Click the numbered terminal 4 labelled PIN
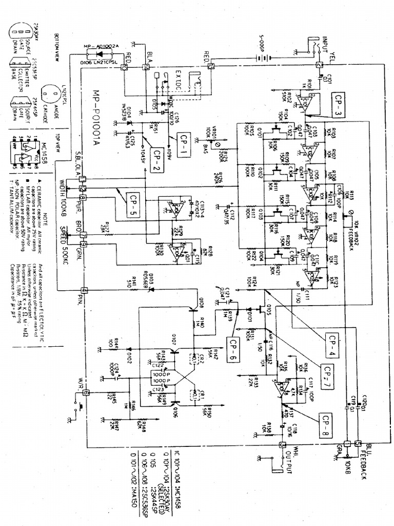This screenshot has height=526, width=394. [83, 291]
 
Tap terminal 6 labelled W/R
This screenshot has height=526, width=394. [85, 392]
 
